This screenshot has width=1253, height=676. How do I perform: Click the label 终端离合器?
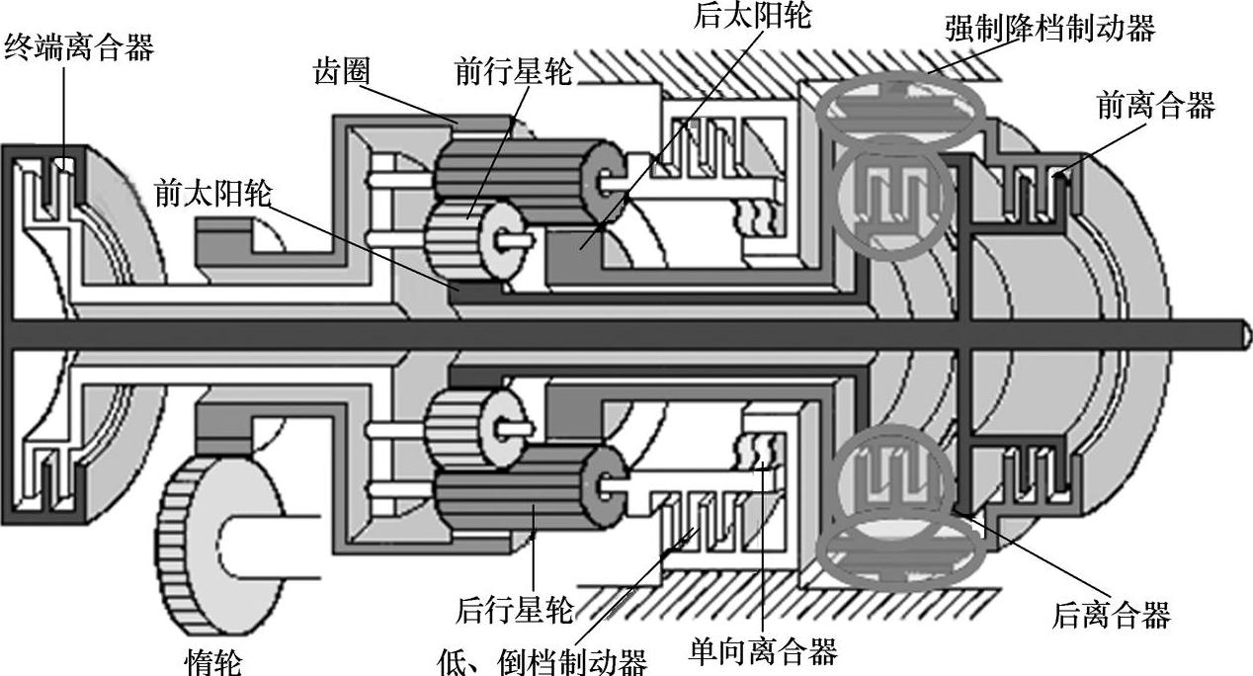coord(79,46)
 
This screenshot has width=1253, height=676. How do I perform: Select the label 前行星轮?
coord(513,71)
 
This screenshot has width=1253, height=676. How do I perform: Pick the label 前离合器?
coord(1155,105)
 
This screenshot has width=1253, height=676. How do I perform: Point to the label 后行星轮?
coord(514,610)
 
